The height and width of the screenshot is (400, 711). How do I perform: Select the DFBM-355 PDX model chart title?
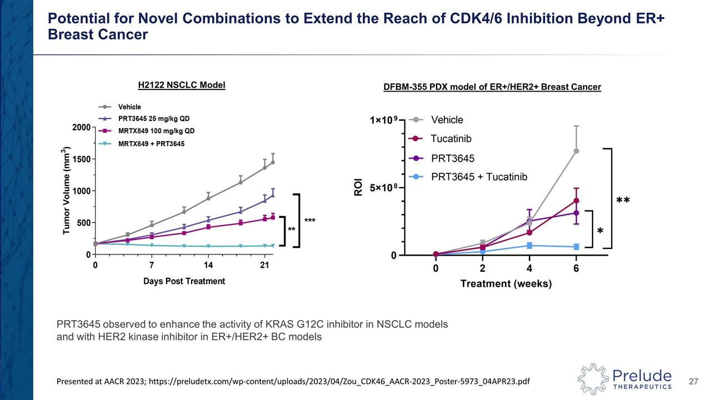pyautogui.click(x=492, y=87)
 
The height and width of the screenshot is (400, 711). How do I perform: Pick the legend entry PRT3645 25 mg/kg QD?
pyautogui.click(x=157, y=118)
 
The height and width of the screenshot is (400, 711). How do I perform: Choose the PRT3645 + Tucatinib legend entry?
pyautogui.click(x=479, y=177)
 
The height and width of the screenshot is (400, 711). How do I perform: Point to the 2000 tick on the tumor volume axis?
pyautogui.click(x=81, y=127)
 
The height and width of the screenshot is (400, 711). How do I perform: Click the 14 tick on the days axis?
pyautogui.click(x=208, y=265)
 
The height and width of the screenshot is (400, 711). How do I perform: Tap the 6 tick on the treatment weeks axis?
pyautogui.click(x=576, y=269)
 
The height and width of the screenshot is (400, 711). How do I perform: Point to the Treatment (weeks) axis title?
pyautogui.click(x=505, y=284)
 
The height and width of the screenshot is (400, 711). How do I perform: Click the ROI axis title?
pyautogui.click(x=358, y=187)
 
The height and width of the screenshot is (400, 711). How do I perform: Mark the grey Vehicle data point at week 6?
pyautogui.click(x=577, y=151)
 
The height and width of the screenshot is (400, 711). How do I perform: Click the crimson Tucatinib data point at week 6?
pyautogui.click(x=577, y=201)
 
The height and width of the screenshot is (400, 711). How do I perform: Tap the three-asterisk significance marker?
pyautogui.click(x=310, y=221)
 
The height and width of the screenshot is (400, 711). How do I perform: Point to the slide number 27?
pyautogui.click(x=693, y=381)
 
